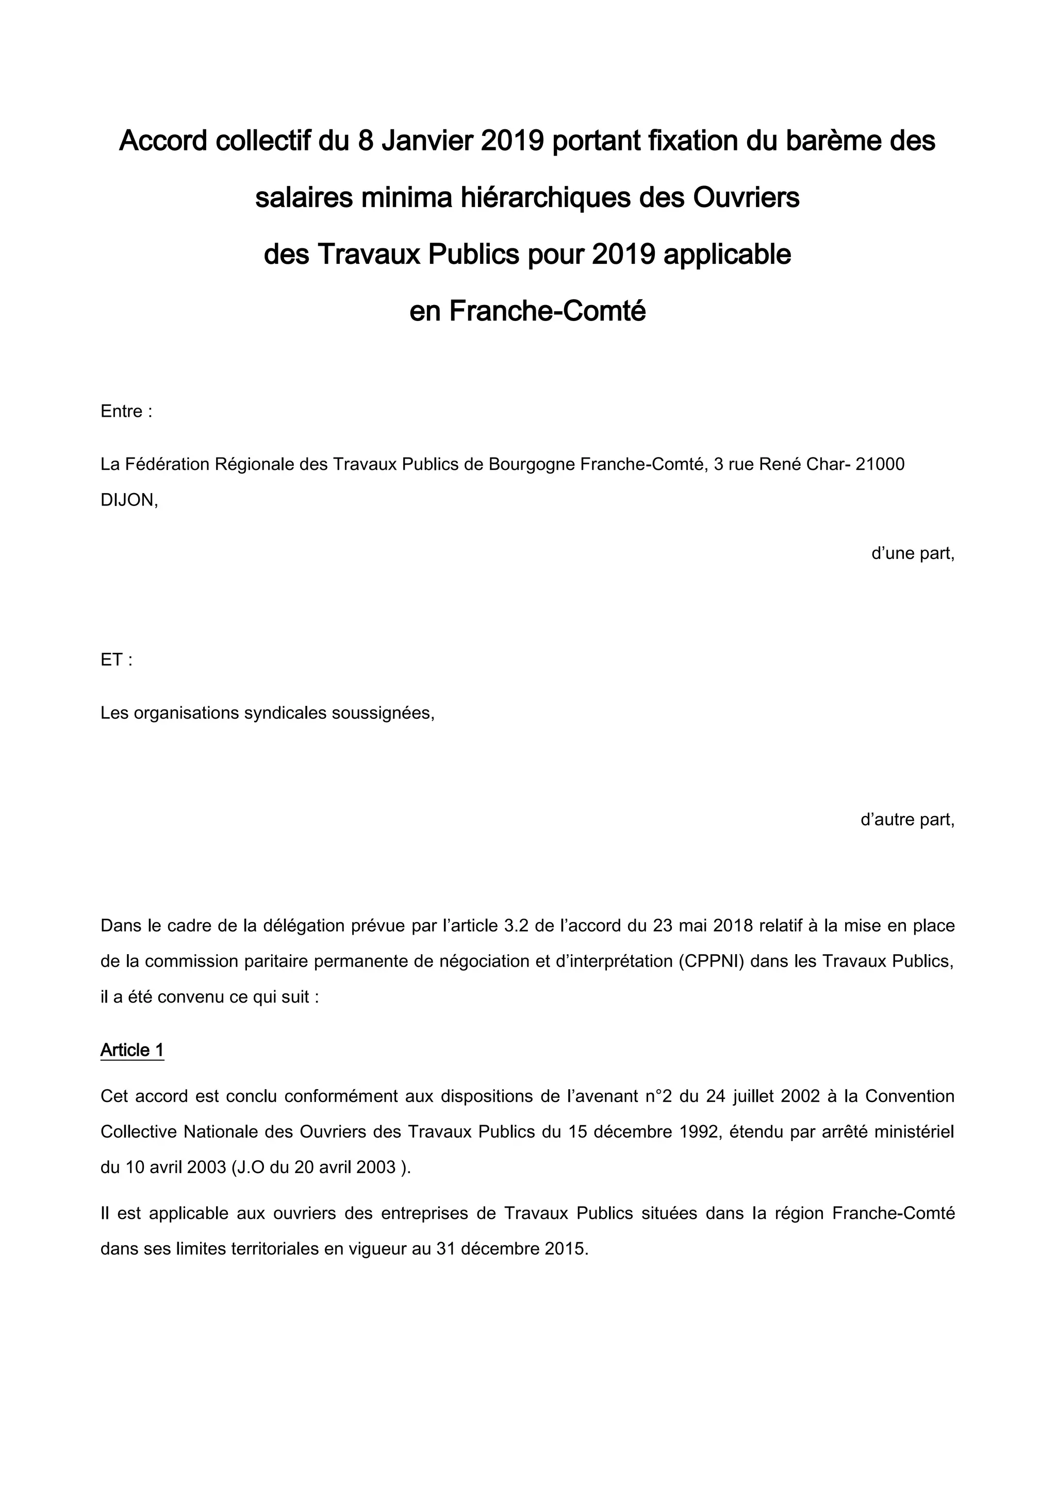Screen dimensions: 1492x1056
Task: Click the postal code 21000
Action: click(x=881, y=465)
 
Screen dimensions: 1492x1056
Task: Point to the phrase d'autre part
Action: click(x=907, y=820)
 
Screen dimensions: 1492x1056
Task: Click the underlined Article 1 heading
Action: click(x=132, y=1050)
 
